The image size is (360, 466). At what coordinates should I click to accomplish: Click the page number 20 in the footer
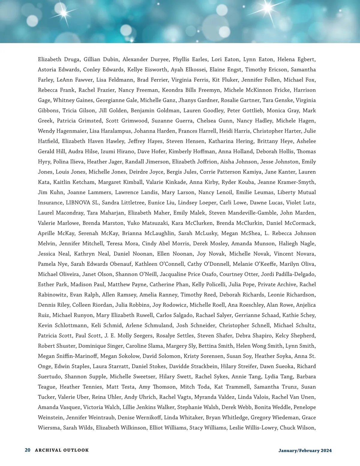pyautogui.click(x=28, y=450)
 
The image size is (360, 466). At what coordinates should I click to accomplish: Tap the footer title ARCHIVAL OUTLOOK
pyautogui.click(x=62, y=450)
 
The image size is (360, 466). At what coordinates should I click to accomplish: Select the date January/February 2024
pyautogui.click(x=305, y=450)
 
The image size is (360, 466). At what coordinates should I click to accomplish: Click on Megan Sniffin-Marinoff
pyautogui.click(x=67, y=356)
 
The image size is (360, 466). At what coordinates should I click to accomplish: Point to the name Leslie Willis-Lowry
pyautogui.click(x=253, y=428)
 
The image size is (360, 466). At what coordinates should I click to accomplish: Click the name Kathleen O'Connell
pyautogui.click(x=160, y=264)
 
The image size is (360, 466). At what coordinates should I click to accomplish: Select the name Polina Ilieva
pyautogui.click(x=68, y=162)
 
